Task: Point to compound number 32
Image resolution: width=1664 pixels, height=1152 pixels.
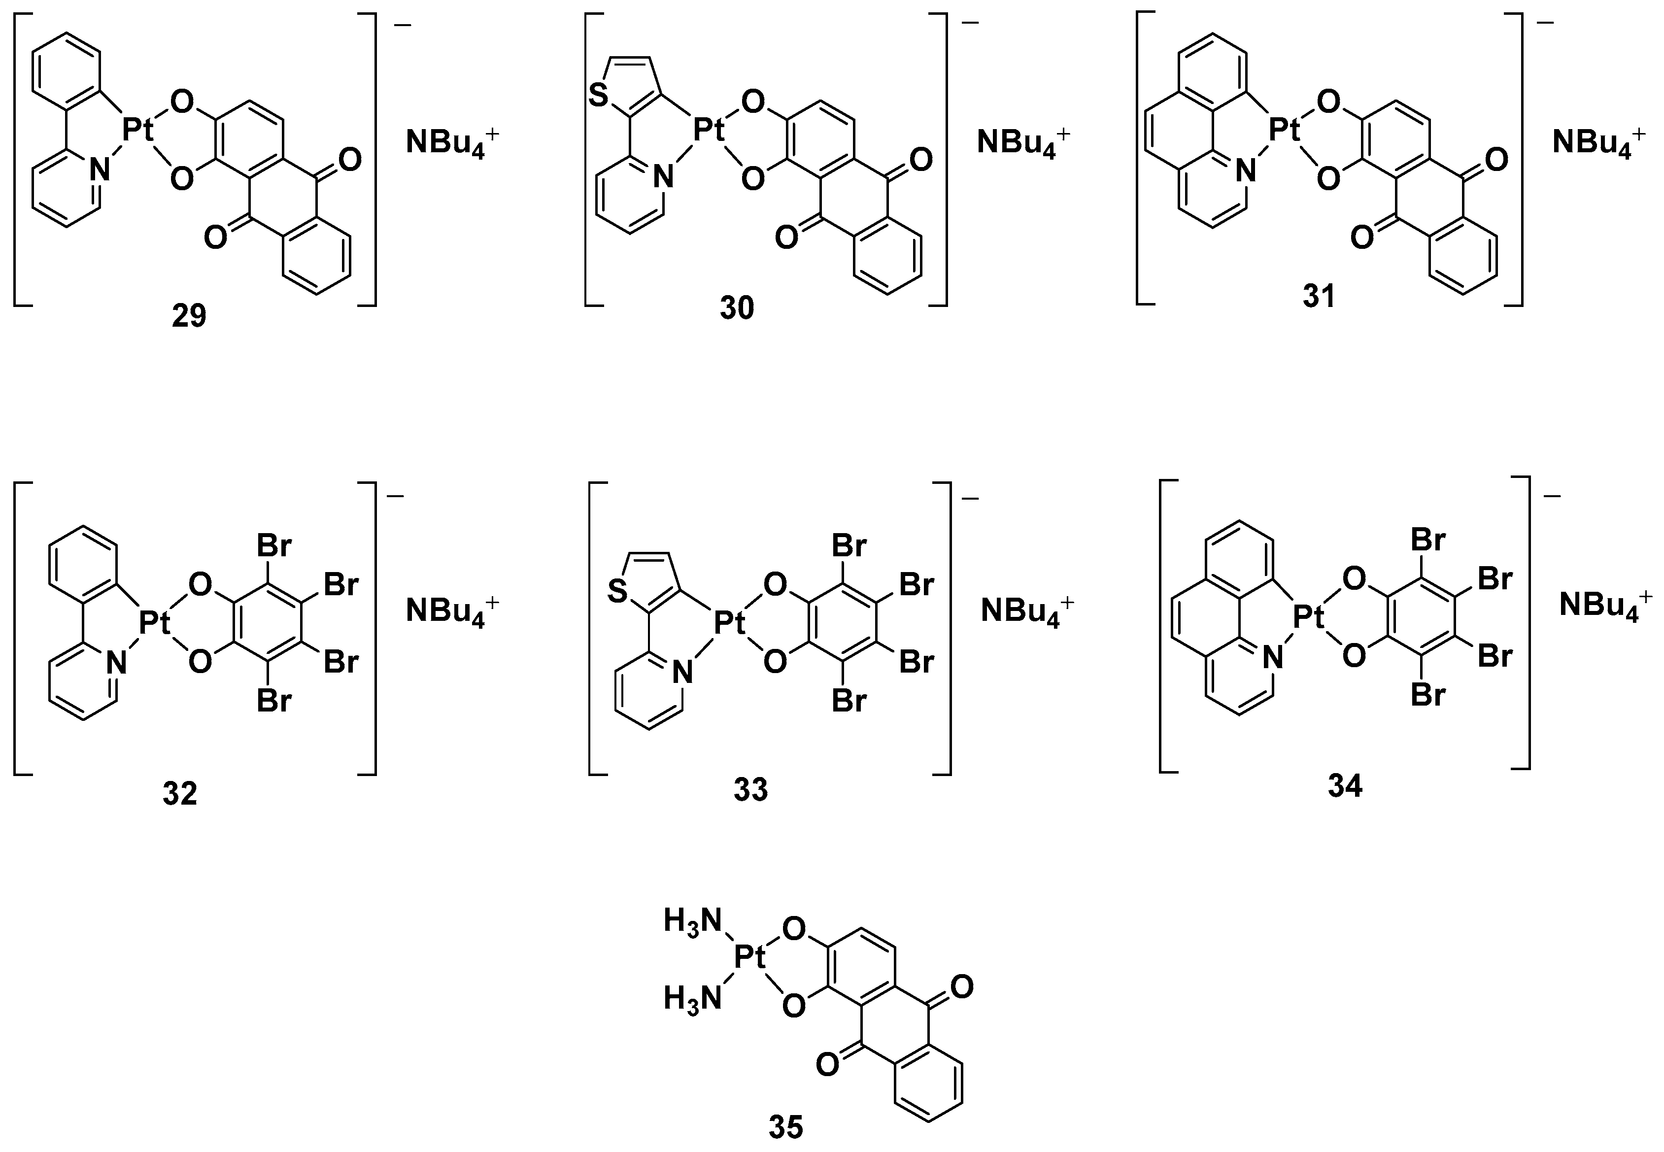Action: pyautogui.click(x=180, y=794)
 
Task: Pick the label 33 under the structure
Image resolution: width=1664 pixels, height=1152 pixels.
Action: pyautogui.click(x=751, y=790)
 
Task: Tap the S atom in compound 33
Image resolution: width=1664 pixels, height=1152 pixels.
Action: pyautogui.click(x=618, y=593)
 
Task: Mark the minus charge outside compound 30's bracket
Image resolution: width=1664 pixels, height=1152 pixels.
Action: pyautogui.click(x=971, y=23)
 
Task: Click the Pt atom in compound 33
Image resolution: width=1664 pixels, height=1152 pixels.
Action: pyautogui.click(x=729, y=623)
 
